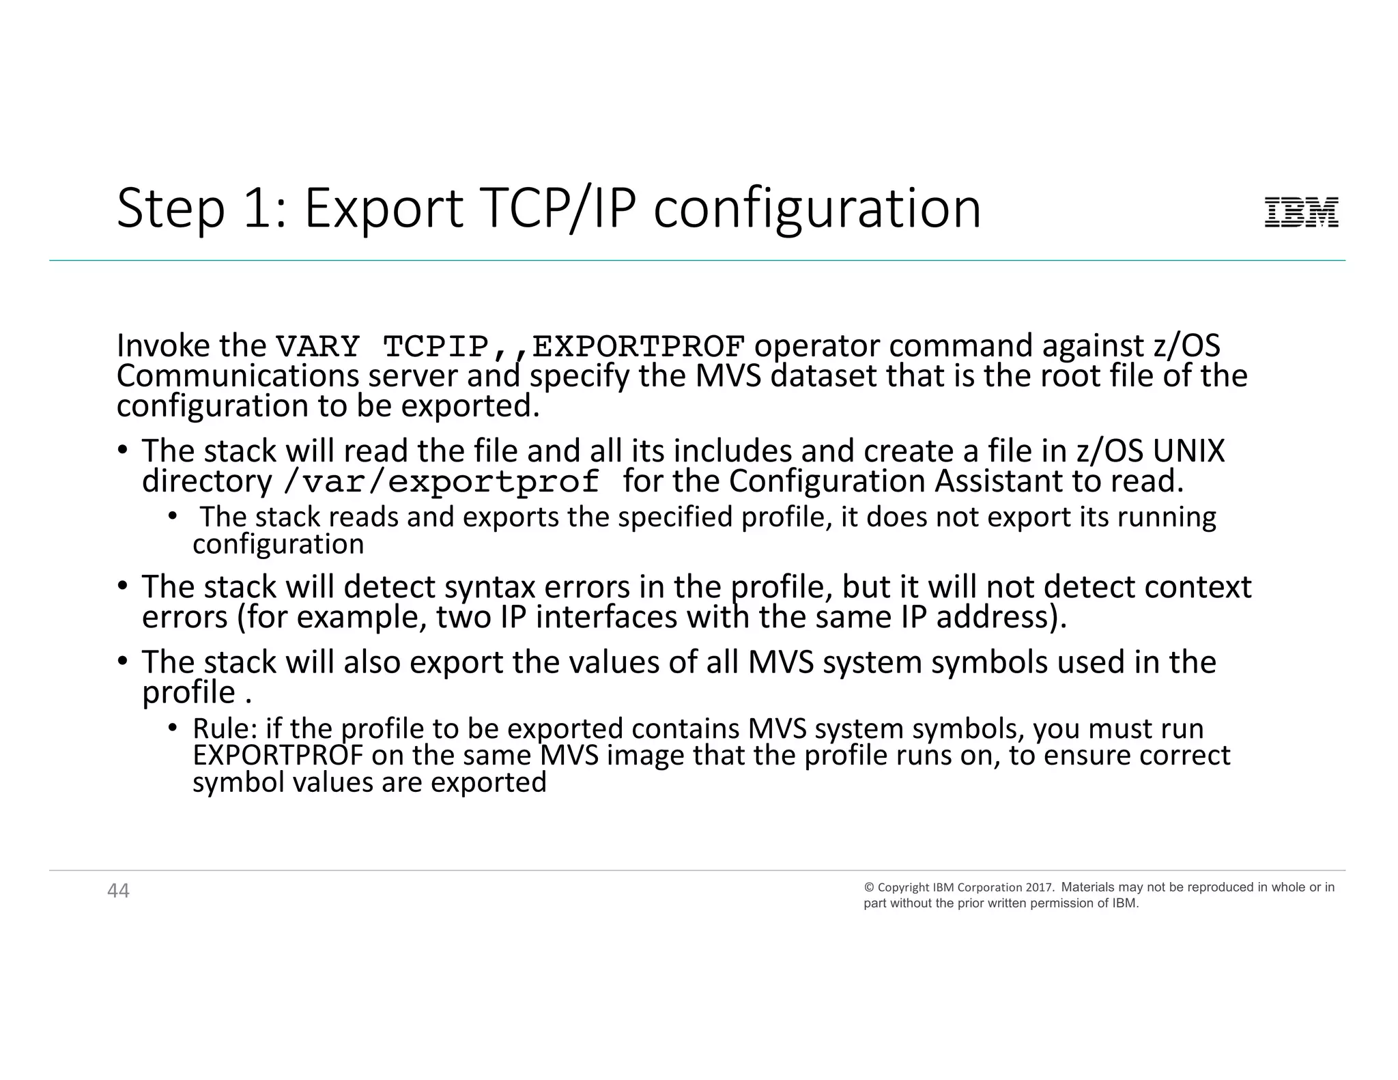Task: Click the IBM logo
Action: coord(1301,212)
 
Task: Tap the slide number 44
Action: coord(118,891)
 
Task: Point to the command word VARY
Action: coord(317,347)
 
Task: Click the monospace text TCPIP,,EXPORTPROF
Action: coord(564,347)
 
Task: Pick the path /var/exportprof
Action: coord(441,483)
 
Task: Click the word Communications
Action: coord(238,376)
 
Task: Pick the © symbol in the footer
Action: coord(869,887)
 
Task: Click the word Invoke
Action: coord(163,346)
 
